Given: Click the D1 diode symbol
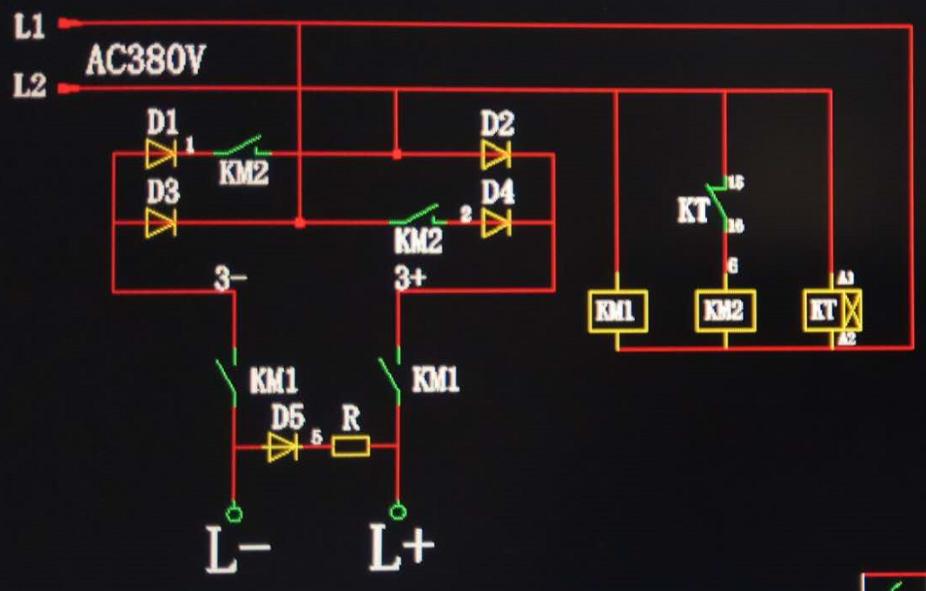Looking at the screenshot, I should (x=162, y=154).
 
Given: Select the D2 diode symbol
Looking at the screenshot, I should (x=496, y=155).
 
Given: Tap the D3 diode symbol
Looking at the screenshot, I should (x=162, y=222).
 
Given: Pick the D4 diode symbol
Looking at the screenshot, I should (x=497, y=222).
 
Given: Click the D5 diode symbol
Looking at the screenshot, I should (x=283, y=447).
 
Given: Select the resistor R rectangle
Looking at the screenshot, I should (x=351, y=447).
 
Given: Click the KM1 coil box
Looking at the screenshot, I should (x=617, y=311).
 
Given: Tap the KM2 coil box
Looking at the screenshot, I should (x=724, y=311).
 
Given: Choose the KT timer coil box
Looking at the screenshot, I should (x=833, y=311).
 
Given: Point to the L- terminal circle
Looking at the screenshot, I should (x=234, y=510).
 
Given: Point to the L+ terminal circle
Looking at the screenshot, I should (x=398, y=510).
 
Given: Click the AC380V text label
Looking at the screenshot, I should (x=145, y=61).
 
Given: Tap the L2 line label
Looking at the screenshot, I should (x=30, y=87).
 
